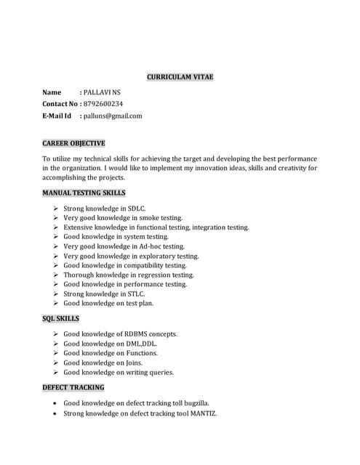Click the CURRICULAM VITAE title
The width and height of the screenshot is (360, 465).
point(180,76)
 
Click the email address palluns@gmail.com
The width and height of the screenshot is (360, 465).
point(113,116)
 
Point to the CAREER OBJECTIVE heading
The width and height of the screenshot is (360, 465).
point(73,143)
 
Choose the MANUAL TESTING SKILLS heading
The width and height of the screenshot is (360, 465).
point(84,193)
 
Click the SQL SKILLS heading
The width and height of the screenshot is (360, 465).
point(61,318)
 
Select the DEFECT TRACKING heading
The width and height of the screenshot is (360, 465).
point(73,387)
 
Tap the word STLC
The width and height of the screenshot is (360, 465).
point(135,294)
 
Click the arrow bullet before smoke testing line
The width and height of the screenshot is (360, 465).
point(56,218)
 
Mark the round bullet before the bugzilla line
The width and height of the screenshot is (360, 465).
point(56,403)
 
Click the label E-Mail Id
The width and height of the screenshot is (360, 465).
point(57,116)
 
